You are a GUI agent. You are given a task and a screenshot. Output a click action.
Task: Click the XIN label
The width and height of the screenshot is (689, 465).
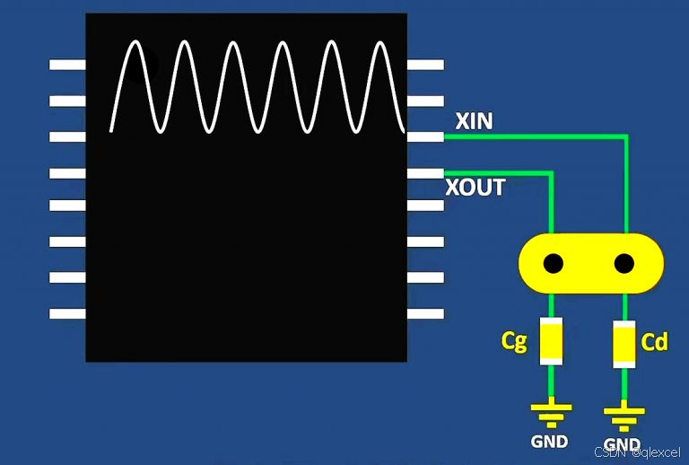pos(474,120)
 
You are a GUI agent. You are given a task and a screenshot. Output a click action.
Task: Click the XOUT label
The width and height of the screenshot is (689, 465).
pos(475,189)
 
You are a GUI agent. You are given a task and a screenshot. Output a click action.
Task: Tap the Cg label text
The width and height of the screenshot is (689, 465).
pos(514,341)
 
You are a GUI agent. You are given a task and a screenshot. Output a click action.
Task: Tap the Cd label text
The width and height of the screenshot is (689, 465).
pos(654,342)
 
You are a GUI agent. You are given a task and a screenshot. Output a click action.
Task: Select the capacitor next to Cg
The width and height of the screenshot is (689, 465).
pos(551,341)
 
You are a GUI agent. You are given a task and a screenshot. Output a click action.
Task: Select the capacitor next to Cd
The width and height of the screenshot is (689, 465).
pos(624,342)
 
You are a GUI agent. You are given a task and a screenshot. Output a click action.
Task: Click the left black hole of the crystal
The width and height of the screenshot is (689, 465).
pos(553,264)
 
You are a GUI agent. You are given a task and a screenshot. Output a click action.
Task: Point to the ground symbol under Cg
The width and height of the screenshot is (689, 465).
pos(551,414)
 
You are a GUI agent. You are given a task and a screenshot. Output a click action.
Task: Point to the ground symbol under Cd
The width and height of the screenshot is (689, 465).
pos(624,416)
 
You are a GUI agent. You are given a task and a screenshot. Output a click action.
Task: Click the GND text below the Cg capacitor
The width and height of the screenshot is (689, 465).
pos(550,441)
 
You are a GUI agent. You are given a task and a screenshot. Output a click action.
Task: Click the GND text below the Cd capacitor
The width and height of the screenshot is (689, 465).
pos(622,444)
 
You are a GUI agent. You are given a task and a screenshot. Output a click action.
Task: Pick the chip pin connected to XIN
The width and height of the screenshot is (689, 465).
pos(425,136)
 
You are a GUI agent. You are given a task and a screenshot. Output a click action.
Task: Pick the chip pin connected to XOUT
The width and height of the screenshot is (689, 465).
pos(425,171)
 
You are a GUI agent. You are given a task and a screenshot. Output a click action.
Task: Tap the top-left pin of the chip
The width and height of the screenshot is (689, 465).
pos(67,65)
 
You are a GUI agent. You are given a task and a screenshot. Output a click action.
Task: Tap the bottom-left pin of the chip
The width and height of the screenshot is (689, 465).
pos(67,313)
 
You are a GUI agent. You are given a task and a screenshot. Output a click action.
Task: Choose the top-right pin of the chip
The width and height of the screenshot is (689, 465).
pos(425,65)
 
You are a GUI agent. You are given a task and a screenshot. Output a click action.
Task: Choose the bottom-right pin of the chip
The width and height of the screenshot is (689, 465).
pos(425,313)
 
